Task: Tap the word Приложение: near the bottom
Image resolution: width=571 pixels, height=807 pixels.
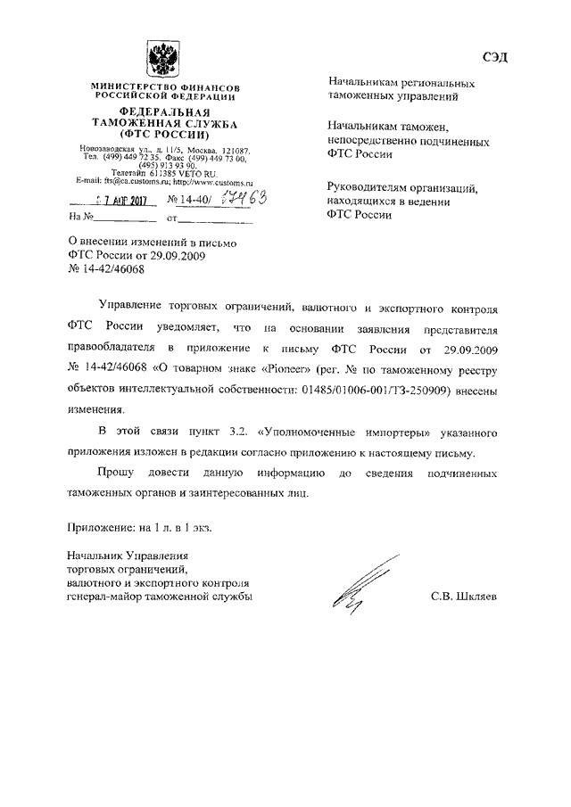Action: (101, 526)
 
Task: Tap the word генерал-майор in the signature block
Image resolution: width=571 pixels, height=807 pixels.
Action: (105, 597)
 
